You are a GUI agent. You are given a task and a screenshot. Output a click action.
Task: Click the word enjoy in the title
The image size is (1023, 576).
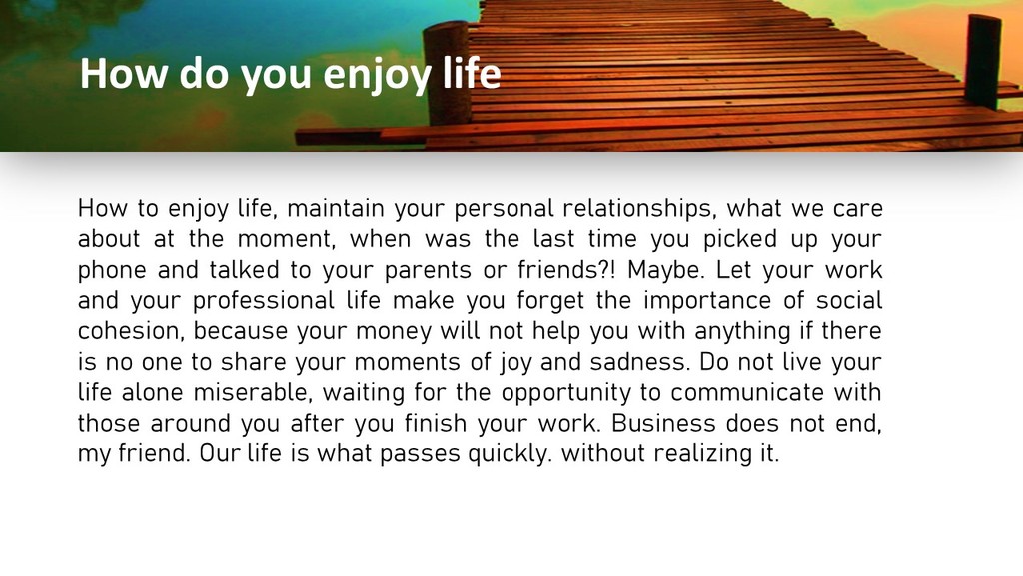point(377,74)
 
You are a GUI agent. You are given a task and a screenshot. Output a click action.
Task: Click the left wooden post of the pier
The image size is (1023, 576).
point(447,72)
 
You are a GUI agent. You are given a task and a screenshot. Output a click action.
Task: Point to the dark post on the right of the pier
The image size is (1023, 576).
point(984,61)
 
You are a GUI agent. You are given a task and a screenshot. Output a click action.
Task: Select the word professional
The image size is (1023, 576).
point(263,301)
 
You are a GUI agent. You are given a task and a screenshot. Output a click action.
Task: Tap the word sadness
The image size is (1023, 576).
point(640,362)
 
